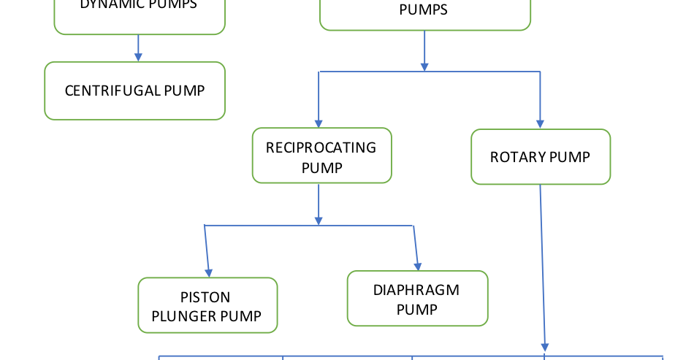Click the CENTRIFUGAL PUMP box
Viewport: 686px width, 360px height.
click(134, 91)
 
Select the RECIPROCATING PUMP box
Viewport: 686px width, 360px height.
click(321, 156)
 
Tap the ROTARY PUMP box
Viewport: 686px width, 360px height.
click(540, 157)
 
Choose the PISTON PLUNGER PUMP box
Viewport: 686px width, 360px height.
click(207, 306)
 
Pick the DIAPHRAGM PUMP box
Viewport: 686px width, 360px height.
click(416, 299)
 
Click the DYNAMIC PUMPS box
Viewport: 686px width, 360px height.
click(139, 15)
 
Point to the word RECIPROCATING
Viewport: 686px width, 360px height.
click(321, 148)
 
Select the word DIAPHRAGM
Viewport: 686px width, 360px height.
click(416, 290)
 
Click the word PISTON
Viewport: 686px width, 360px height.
click(205, 297)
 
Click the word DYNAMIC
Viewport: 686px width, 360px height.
click(110, 4)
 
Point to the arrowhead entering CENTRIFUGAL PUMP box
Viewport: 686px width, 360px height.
click(138, 56)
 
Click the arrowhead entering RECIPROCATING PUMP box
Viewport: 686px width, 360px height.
click(318, 123)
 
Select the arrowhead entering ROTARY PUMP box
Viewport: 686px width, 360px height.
click(540, 123)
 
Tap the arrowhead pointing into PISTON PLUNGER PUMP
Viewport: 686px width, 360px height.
click(210, 271)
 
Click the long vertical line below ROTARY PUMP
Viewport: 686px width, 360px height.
click(542, 263)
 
